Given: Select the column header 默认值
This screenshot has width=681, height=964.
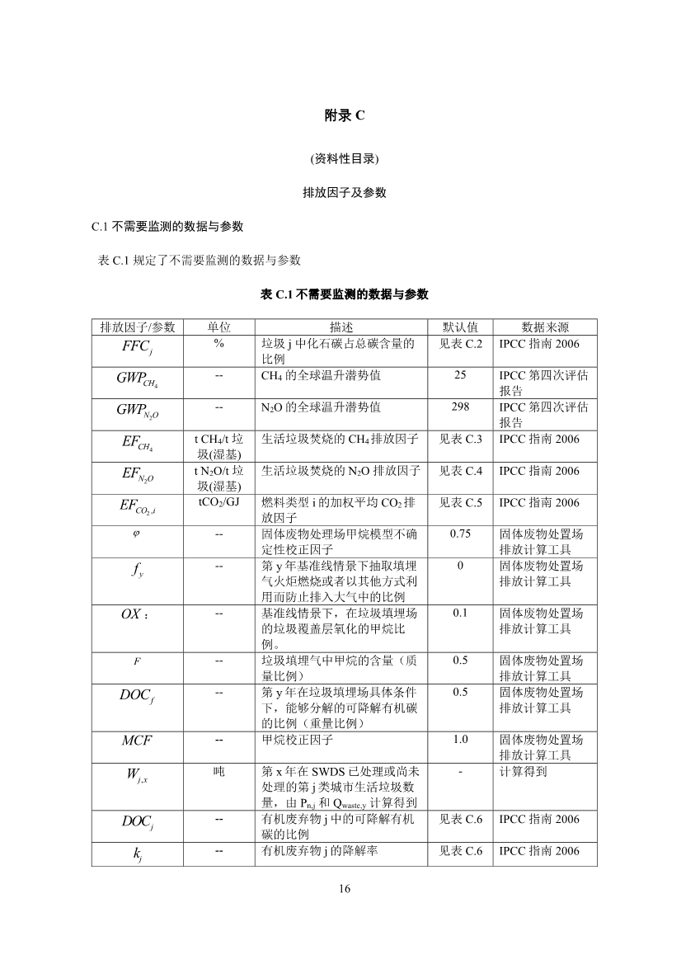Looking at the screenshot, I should [x=460, y=327].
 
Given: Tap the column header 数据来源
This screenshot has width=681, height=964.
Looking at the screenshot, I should [x=544, y=327].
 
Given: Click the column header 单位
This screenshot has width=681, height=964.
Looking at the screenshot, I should [x=218, y=327].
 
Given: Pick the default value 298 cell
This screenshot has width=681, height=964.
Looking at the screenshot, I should [x=460, y=407].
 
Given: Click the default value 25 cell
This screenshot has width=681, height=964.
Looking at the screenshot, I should [x=460, y=375].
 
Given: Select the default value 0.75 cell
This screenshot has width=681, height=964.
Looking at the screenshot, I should [x=460, y=534].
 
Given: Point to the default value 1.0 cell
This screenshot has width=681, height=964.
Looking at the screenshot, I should [x=460, y=740].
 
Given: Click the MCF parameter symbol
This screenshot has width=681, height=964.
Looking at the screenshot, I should [x=137, y=741].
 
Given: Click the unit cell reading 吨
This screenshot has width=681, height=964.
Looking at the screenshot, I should [x=218, y=772].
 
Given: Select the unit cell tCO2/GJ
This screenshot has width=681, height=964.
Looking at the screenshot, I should [x=218, y=502].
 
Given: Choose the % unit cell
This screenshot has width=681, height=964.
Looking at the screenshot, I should [x=218, y=343].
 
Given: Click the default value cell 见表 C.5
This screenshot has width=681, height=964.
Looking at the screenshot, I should [x=460, y=502].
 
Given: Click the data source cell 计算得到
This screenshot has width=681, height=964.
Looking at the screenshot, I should [x=524, y=772].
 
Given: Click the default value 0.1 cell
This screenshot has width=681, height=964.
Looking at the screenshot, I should [x=460, y=614].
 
